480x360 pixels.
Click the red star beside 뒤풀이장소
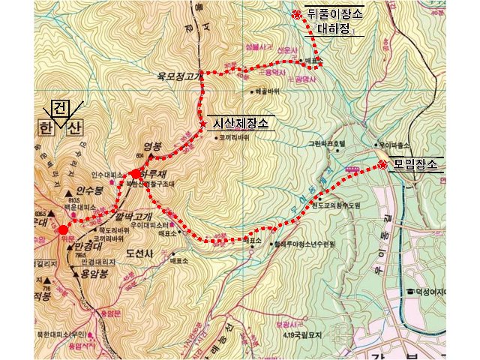[296, 14]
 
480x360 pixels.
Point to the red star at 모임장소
[382, 164]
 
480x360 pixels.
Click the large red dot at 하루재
[136, 174]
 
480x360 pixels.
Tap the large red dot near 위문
[64, 229]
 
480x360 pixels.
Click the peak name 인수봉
[89, 190]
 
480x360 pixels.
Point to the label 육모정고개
[176, 76]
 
